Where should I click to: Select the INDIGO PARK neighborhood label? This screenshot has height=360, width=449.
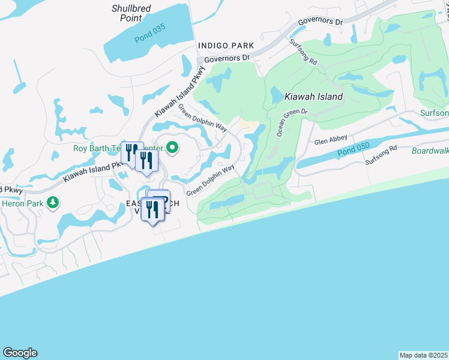226,46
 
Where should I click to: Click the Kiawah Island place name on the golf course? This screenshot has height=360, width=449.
313,97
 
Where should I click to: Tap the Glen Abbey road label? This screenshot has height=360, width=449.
331,141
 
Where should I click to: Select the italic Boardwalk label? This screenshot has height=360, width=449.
430,151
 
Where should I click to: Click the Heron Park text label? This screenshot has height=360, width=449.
22,203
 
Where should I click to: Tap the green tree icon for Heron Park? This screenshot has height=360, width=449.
54,203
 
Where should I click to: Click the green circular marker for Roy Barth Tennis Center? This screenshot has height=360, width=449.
173,147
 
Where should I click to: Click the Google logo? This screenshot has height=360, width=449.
20,353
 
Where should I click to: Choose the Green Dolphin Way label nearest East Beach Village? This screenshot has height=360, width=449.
210,181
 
